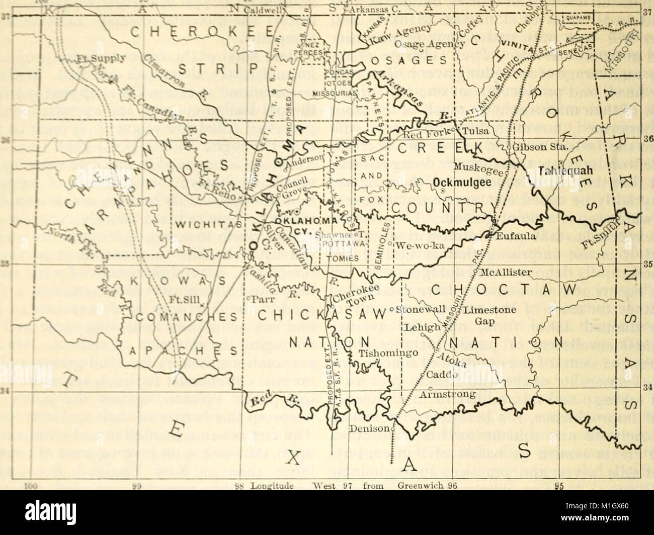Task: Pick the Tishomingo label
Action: click(x=383, y=353)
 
